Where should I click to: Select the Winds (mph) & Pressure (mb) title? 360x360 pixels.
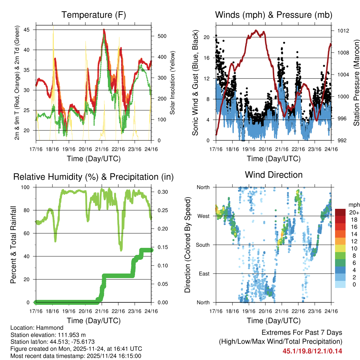point(274,15)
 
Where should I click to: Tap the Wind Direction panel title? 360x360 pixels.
point(274,174)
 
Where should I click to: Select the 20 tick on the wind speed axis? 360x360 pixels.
point(207,37)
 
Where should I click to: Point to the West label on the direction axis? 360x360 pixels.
point(204,216)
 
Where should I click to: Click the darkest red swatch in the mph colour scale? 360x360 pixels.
point(340,212)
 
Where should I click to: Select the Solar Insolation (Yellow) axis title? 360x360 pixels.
point(172,83)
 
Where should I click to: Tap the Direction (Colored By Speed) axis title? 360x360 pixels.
point(187,245)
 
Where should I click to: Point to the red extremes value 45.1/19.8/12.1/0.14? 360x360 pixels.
point(312,351)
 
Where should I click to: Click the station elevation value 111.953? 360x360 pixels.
point(70,335)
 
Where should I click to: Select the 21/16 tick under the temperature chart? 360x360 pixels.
point(102,149)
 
